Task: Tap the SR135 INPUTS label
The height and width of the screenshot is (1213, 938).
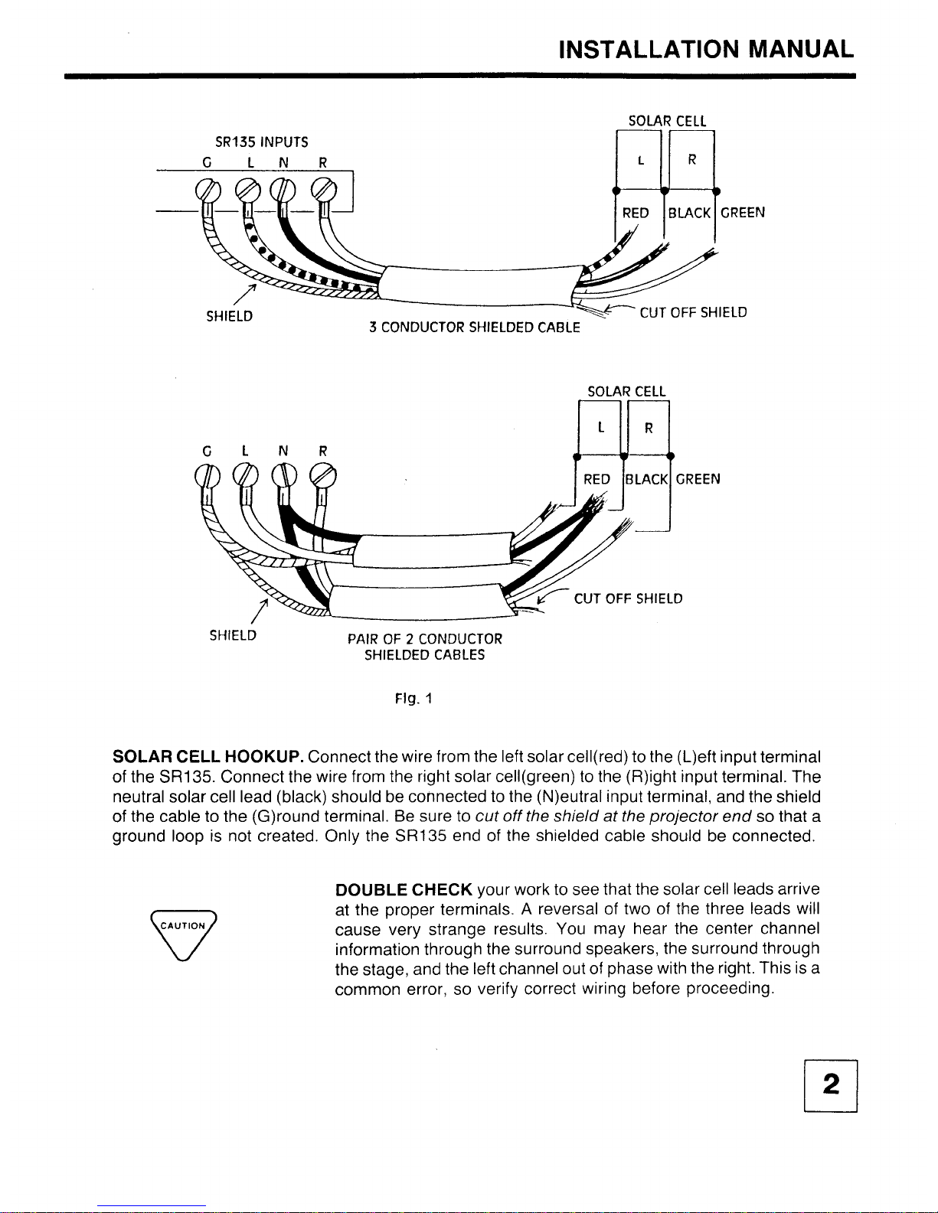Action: pyautogui.click(x=261, y=142)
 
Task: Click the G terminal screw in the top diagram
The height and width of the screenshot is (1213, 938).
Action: pyautogui.click(x=208, y=189)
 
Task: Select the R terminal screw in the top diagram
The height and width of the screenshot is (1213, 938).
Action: pyautogui.click(x=325, y=189)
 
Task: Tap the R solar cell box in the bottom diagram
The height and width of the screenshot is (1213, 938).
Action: pyautogui.click(x=649, y=428)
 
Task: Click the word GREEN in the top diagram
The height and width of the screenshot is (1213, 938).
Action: pyautogui.click(x=742, y=213)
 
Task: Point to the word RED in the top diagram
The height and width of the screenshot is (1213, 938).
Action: pyautogui.click(x=636, y=213)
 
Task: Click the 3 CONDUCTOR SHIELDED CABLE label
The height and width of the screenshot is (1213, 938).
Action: pyautogui.click(x=474, y=328)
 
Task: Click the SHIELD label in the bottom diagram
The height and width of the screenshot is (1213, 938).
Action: pyautogui.click(x=233, y=635)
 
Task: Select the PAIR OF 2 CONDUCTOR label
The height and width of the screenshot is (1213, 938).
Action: pyautogui.click(x=425, y=639)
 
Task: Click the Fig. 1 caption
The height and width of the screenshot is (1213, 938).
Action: pyautogui.click(x=413, y=698)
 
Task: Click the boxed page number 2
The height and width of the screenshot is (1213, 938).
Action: pyautogui.click(x=830, y=1085)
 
